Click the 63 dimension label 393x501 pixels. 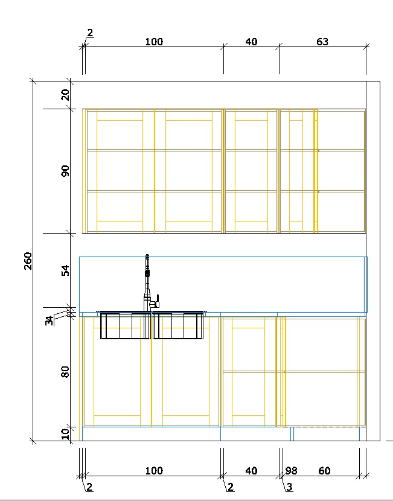322,42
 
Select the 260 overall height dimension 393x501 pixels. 28,261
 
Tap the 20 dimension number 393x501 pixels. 65,95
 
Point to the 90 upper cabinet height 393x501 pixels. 65,171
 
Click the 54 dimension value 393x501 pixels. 65,270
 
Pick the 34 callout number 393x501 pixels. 49,321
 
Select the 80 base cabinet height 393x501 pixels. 65,372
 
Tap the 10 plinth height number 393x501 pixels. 65,433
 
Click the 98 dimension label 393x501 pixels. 291,471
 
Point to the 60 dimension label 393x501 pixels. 324,471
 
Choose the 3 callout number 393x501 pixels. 289,487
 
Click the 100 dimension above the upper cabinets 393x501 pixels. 154,42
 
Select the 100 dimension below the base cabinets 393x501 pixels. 154,471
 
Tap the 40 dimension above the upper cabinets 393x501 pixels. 252,42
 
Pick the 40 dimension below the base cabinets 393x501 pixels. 252,471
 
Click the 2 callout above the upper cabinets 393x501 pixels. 90,33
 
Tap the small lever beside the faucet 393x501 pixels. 156,301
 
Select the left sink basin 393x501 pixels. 126,325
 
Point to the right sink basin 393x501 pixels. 178,325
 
